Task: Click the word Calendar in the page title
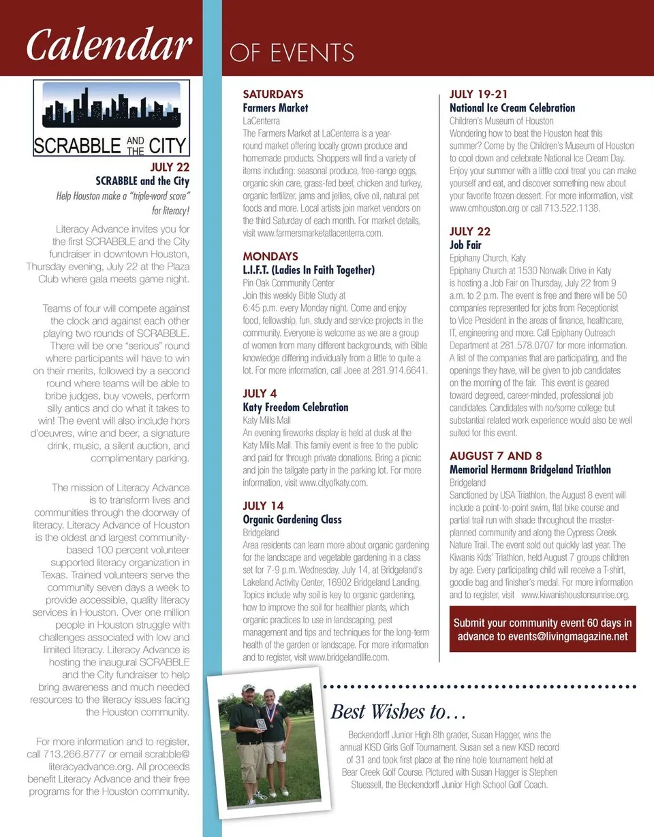(x=108, y=45)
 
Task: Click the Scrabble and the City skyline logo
(x=112, y=118)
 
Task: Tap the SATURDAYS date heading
(x=273, y=95)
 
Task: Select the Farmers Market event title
(x=275, y=108)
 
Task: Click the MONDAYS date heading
(x=270, y=257)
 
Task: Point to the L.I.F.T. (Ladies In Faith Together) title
(x=309, y=270)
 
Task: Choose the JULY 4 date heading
(x=260, y=394)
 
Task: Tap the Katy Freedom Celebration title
(x=296, y=408)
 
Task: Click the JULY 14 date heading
(x=263, y=506)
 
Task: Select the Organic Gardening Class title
(x=292, y=520)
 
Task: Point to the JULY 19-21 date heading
(x=478, y=95)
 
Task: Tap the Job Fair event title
(x=465, y=245)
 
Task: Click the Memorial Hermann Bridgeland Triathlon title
(x=530, y=470)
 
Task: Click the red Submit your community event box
(x=543, y=629)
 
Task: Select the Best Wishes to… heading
(x=399, y=712)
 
